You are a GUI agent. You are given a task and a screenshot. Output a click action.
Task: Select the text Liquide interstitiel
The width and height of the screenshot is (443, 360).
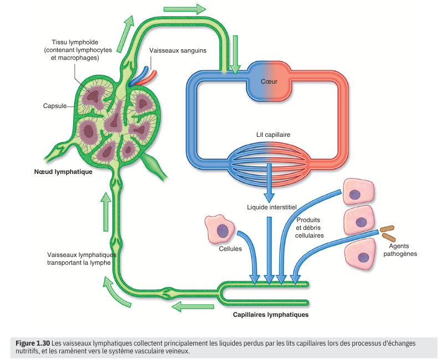coord(272,207)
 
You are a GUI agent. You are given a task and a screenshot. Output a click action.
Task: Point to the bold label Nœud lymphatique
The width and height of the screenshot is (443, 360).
coord(63,171)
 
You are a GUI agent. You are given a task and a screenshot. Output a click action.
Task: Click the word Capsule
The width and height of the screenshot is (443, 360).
coord(55,106)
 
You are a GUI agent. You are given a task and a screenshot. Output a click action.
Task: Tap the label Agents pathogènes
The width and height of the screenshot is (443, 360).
coord(400,250)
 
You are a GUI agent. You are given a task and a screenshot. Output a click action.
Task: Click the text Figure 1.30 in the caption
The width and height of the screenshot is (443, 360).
coord(33,343)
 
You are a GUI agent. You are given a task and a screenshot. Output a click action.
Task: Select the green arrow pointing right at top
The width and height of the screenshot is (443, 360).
coord(185,9)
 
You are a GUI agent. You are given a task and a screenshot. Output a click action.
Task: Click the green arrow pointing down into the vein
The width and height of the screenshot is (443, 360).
coord(235,54)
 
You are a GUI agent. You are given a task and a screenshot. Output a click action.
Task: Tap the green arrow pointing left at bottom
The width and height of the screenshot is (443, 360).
coord(192,306)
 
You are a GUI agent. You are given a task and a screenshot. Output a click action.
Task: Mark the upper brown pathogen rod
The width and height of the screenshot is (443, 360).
coord(387,228)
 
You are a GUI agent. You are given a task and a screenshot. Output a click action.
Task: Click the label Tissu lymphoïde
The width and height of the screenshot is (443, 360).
coord(75,42)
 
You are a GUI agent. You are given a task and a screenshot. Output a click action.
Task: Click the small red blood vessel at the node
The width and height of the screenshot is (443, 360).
coord(150,76)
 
